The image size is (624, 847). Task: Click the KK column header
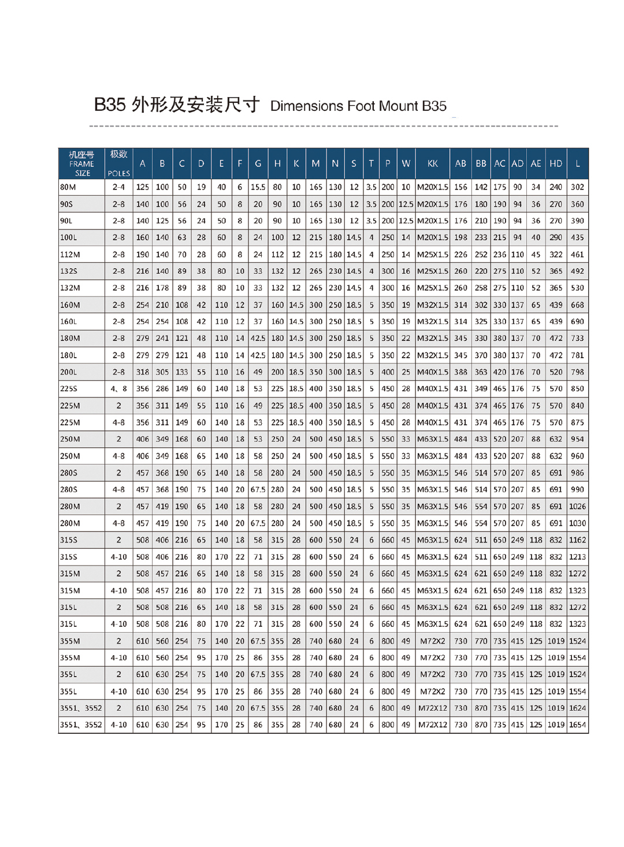[432, 164]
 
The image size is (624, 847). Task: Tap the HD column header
[556, 164]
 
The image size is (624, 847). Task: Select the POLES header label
[119, 173]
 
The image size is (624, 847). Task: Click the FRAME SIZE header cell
[81, 164]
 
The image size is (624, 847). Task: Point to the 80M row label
[68, 187]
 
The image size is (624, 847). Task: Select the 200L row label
[69, 372]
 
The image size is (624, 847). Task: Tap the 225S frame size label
[69, 389]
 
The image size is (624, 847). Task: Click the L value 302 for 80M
[577, 187]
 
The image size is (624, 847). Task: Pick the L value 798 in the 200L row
[577, 372]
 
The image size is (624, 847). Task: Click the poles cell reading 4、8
[119, 389]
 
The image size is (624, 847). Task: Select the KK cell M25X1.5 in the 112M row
[432, 254]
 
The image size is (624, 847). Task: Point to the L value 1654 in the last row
[577, 725]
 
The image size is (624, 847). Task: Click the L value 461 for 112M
[577, 254]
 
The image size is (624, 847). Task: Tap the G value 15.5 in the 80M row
[258, 187]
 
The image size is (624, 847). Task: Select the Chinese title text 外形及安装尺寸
[195, 105]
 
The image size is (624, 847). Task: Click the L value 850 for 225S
[577, 389]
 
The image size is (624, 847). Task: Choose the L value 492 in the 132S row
[577, 271]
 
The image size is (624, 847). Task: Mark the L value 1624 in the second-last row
[577, 708]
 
